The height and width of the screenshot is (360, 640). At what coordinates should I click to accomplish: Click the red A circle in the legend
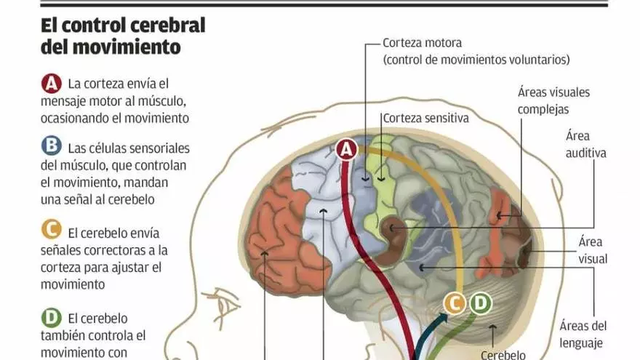point(51,84)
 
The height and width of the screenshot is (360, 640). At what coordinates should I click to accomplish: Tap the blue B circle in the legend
point(51,146)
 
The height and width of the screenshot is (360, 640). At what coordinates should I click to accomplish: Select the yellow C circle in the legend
point(51,231)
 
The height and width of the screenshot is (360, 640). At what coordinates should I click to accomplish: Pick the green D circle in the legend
point(51,317)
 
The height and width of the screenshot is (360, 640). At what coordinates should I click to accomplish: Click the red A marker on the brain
point(347,150)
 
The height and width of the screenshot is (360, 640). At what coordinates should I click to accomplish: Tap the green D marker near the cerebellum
point(480,303)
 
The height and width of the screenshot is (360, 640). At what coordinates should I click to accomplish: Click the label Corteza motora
point(422,43)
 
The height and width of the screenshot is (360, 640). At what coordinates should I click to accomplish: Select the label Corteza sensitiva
point(425,117)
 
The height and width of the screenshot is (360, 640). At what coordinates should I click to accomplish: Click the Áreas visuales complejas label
point(553,101)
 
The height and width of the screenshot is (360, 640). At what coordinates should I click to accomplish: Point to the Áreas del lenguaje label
point(583,334)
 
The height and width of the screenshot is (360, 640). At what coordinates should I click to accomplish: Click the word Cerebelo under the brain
point(503,354)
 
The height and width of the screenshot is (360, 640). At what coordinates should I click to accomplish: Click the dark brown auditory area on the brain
point(396,233)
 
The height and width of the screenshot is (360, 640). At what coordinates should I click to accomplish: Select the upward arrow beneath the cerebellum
point(494,334)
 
